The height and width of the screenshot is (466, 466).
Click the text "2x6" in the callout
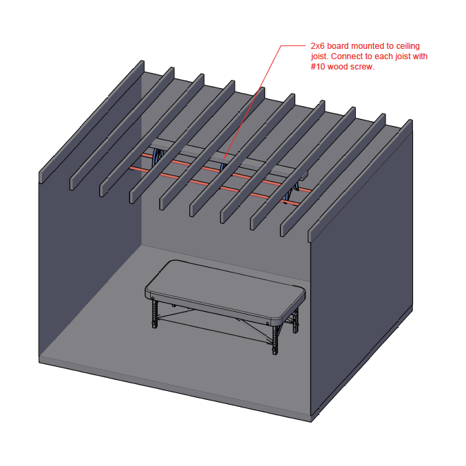click(x=317, y=46)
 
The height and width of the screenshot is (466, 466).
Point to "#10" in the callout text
click(x=318, y=67)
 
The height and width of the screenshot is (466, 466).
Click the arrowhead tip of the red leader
click(x=224, y=158)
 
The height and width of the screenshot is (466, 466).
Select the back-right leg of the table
click(x=295, y=321)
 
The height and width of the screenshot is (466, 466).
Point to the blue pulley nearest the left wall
click(x=158, y=157)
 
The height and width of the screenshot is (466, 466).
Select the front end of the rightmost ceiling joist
click(x=311, y=235)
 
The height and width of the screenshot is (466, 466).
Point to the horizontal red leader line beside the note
click(x=293, y=45)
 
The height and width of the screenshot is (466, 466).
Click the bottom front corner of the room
click(x=311, y=422)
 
